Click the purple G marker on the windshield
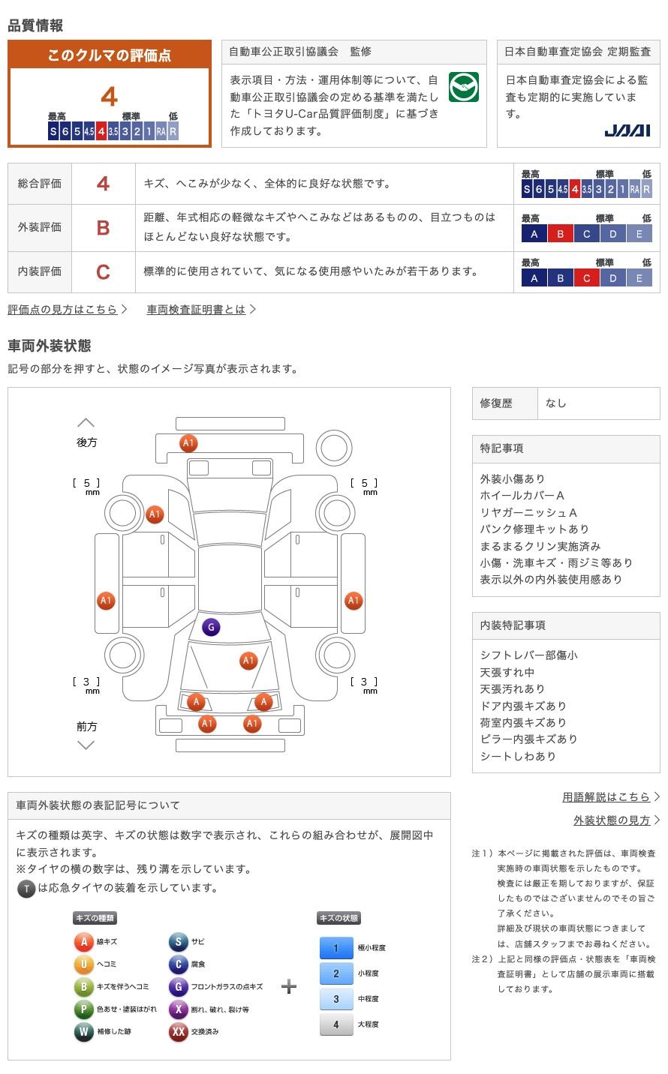(211, 627)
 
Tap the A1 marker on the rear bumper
(188, 443)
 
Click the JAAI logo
(627, 130)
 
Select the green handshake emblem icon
(464, 88)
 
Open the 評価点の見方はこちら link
(63, 309)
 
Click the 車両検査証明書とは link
(197, 309)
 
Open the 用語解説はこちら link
(606, 796)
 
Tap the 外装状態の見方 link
(612, 820)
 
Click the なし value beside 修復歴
(556, 403)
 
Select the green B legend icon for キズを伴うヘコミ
(83, 986)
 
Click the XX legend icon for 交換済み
(178, 1031)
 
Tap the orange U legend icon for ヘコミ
(83, 964)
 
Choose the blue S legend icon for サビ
(178, 942)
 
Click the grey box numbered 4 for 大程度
(336, 1024)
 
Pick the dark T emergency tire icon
(26, 889)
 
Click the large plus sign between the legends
(289, 986)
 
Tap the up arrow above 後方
(86, 423)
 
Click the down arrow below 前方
(86, 745)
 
